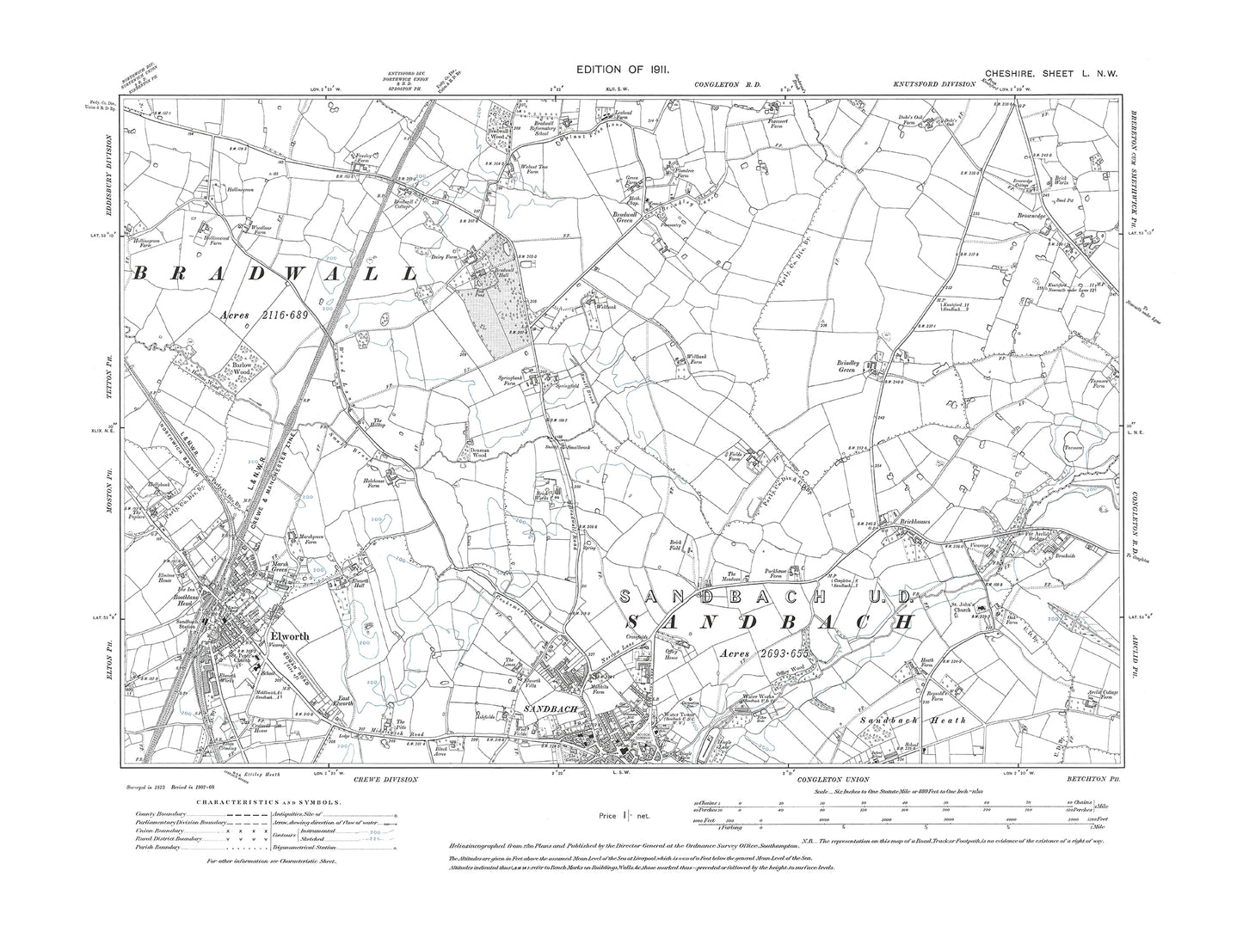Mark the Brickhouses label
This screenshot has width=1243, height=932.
coord(897,521)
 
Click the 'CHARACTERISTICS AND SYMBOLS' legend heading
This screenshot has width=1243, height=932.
coord(268,801)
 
